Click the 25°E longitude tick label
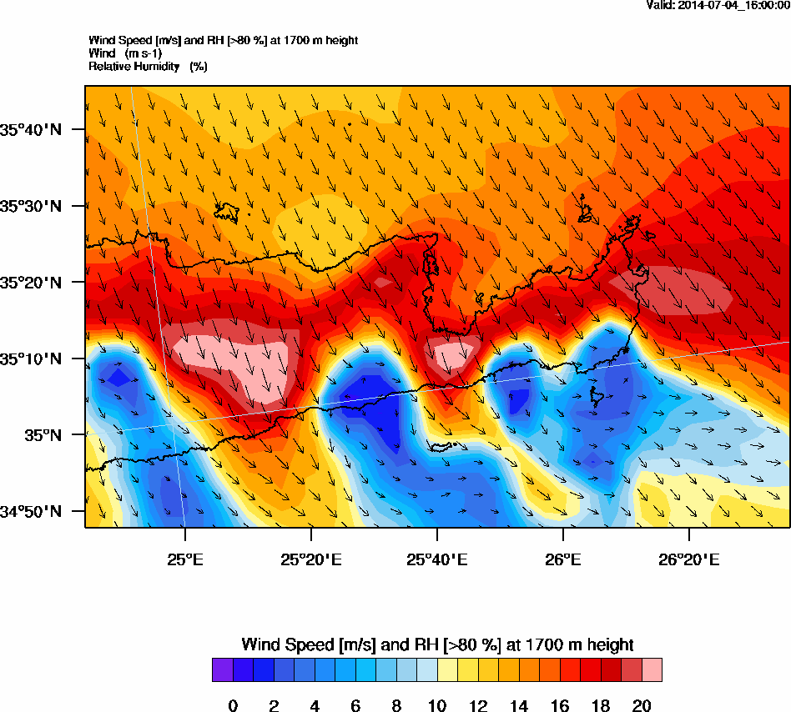tap(184, 559)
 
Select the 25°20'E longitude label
tap(310, 559)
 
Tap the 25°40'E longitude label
tap(436, 559)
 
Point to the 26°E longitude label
tap(563, 559)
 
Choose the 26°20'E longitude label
tap(689, 559)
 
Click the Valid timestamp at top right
tap(718, 6)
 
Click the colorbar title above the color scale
tap(437, 644)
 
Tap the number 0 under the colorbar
tap(233, 707)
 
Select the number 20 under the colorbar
tap(642, 707)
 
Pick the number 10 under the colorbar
tap(437, 707)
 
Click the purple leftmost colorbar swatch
tap(222, 670)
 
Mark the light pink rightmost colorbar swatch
tap(652, 670)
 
